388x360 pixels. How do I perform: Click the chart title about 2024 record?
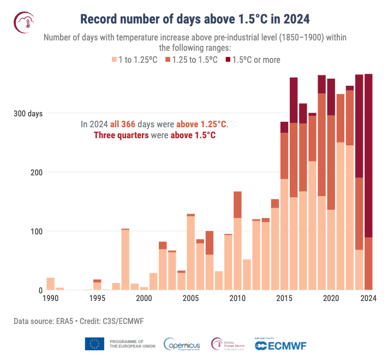pos(195,19)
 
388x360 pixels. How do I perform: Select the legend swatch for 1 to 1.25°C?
pos(115,60)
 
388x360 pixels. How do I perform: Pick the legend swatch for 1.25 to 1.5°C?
pos(168,60)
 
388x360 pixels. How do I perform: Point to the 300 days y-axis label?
pos(28,114)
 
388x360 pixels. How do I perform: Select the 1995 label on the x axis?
pos(97,298)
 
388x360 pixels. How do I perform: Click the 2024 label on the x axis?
pos(369,298)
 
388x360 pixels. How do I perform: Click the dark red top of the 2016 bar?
pos(294,100)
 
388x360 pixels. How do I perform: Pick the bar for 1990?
pos(50,284)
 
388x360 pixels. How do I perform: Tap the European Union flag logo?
pos(94,344)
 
